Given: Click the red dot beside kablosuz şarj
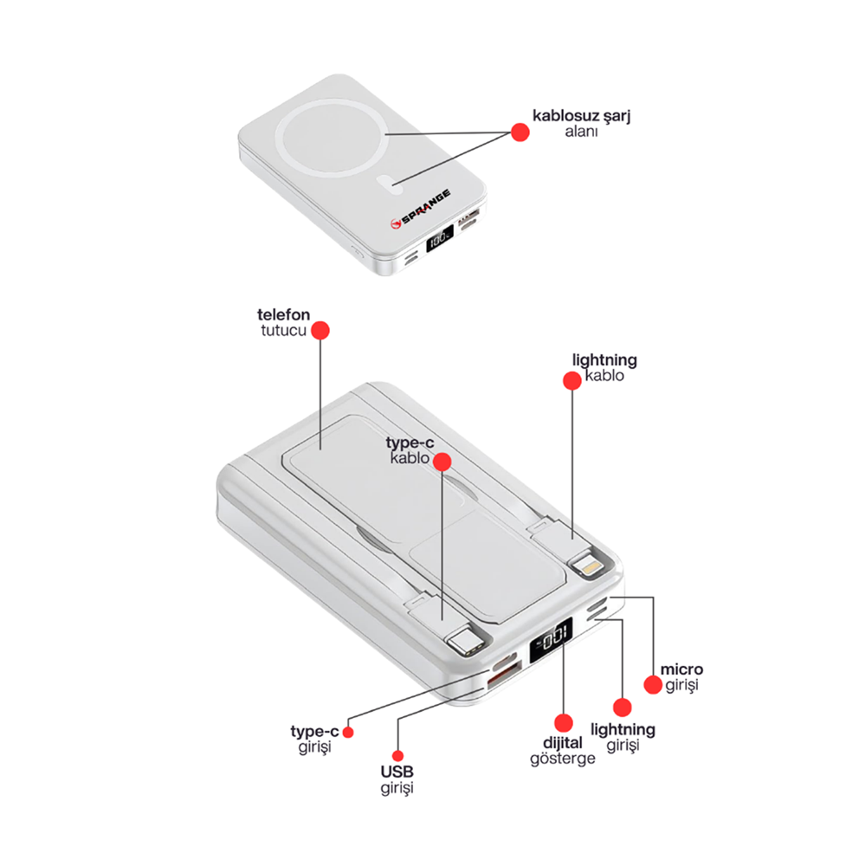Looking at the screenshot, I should coord(520,132).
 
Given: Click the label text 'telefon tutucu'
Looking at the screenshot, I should coord(283,322).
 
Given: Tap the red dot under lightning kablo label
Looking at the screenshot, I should coord(572,380).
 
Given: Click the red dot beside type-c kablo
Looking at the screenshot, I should coord(443,461).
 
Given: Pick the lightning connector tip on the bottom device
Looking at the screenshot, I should coord(588,569).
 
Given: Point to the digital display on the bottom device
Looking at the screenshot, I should coord(553,641).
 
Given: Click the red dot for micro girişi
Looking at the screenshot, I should coord(652,684).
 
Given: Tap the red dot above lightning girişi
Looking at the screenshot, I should coord(620,707).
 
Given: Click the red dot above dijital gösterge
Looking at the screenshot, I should coord(563,721).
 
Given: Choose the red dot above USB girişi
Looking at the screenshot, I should coord(397,755).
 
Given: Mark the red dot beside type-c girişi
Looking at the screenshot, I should coord(348,732).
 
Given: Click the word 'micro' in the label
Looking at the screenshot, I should coord(682,669).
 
